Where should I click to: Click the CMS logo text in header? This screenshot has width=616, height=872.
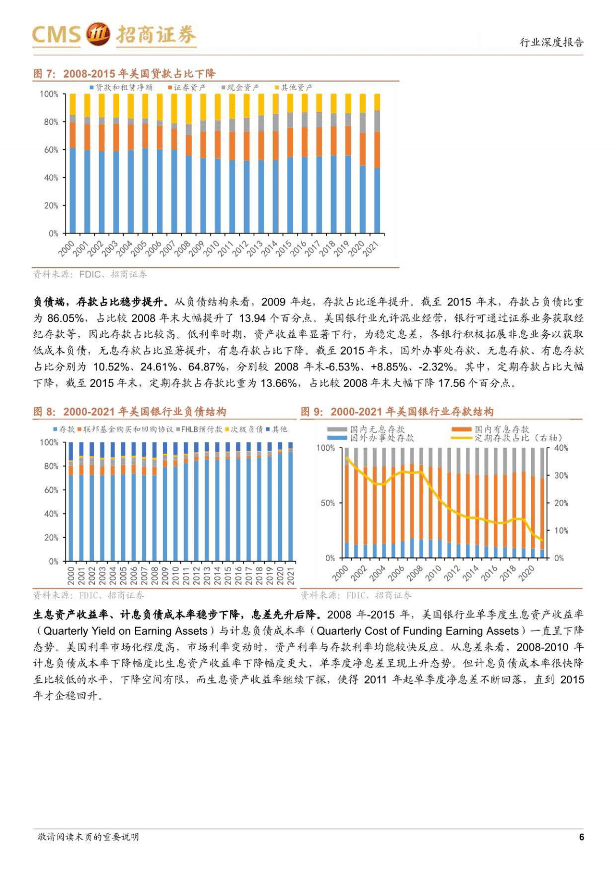(56, 34)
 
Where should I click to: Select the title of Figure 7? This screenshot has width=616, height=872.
(124, 74)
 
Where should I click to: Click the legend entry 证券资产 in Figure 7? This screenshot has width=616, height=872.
(188, 88)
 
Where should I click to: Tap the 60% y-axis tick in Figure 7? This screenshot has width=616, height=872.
(51, 150)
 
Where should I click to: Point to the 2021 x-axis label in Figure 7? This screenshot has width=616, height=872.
(371, 249)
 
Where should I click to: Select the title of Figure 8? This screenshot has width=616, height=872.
(130, 412)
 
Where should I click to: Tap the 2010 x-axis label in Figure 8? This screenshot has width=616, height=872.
(176, 576)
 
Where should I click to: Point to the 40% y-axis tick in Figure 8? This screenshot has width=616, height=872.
(51, 514)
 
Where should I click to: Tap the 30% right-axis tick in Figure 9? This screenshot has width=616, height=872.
(561, 475)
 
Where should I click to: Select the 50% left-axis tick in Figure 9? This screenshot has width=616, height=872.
(327, 503)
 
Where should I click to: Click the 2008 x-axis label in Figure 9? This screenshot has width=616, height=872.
(414, 573)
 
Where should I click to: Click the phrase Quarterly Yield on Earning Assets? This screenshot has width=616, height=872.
(125, 631)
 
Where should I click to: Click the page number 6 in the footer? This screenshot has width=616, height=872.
(581, 837)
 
